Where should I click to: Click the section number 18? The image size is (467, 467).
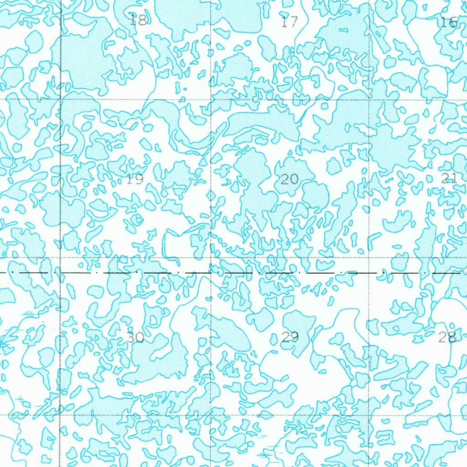pyautogui.click(x=138, y=20)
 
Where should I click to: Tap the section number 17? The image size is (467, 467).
pyautogui.click(x=290, y=21)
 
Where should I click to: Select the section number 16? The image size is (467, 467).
pyautogui.click(x=449, y=22)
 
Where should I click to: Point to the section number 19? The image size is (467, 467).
pyautogui.click(x=135, y=179)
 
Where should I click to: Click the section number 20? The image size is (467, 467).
pyautogui.click(x=290, y=179)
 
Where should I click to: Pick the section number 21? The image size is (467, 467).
pyautogui.click(x=449, y=178)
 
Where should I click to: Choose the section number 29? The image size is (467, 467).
pyautogui.click(x=290, y=337)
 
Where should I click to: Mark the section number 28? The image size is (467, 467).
pyautogui.click(x=447, y=337)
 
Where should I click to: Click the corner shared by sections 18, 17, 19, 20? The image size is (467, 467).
pyautogui.click(x=211, y=99)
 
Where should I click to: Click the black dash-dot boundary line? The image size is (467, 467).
pyautogui.click(x=319, y=274)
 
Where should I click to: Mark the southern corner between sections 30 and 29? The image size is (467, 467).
pyautogui.click(x=211, y=415)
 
